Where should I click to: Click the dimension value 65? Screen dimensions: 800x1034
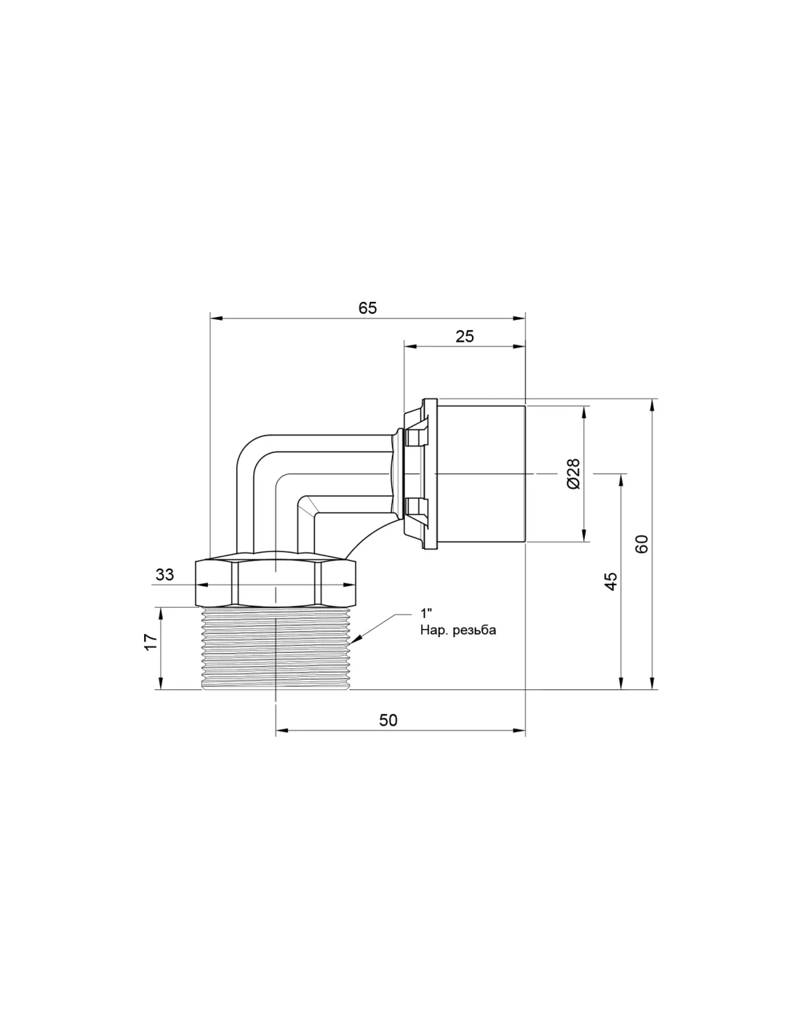click(367, 308)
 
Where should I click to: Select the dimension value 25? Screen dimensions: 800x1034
click(465, 337)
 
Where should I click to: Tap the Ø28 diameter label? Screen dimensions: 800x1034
click(574, 473)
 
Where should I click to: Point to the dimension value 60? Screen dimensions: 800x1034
click(642, 544)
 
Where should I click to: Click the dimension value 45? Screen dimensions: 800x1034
click(611, 581)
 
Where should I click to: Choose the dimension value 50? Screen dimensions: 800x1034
click(388, 720)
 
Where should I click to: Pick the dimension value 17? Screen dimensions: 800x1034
click(151, 642)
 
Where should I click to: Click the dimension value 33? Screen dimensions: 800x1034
click(164, 574)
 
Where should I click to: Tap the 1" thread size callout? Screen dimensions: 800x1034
click(425, 613)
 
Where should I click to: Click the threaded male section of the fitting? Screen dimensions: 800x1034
click(276, 648)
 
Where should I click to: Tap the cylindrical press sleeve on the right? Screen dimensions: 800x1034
click(481, 473)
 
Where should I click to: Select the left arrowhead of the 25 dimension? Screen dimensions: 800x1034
click(410, 347)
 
